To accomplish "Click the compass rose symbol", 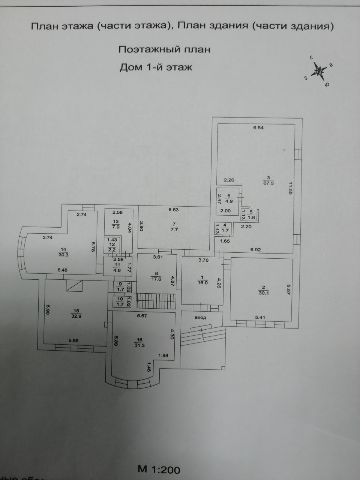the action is pyautogui.click(x=319, y=70).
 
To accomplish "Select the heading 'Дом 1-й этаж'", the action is pyautogui.click(x=156, y=67).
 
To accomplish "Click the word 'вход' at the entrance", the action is pyautogui.click(x=200, y=317).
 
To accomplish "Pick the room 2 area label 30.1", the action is pyautogui.click(x=262, y=293).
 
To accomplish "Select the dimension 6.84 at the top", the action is pyautogui.click(x=258, y=127).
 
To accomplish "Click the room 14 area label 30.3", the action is pyautogui.click(x=63, y=254).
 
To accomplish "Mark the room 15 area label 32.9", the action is pyautogui.click(x=76, y=315).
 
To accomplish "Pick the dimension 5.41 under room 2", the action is pyautogui.click(x=260, y=318).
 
